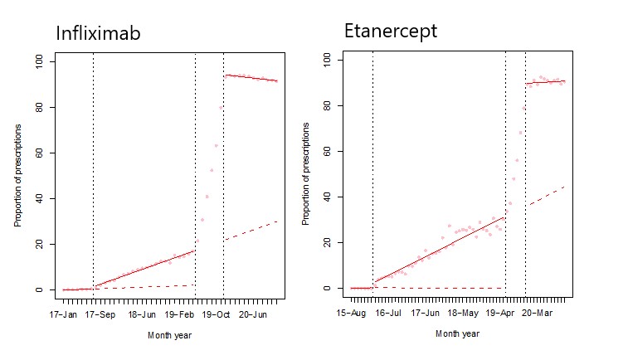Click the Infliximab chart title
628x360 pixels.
97,34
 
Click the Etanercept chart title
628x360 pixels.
391,32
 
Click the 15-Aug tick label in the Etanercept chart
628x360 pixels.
351,314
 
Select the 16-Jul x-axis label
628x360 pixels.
388,314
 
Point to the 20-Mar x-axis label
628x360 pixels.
536,314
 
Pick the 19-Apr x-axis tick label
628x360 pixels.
499,314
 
